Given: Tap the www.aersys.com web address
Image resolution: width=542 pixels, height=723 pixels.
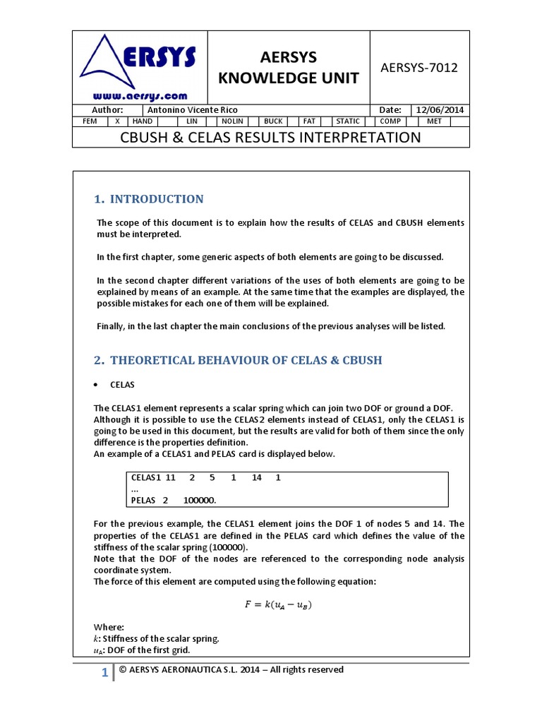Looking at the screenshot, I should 140,96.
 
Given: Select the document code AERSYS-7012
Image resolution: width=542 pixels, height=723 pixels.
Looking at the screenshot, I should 419,68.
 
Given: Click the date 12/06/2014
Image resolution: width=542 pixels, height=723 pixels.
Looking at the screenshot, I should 440,110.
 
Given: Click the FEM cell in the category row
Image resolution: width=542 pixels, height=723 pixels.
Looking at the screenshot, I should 90,121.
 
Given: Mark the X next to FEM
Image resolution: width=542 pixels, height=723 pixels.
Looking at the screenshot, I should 117,121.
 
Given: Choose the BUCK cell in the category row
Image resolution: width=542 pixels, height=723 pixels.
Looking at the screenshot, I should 272,121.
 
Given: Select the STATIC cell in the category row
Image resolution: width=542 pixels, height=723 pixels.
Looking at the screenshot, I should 347,121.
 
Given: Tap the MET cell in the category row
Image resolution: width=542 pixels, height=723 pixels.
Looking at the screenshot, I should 434,121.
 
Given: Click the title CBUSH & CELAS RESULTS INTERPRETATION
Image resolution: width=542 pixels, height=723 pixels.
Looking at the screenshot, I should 271,137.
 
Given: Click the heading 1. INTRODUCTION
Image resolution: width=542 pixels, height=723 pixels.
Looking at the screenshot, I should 149,199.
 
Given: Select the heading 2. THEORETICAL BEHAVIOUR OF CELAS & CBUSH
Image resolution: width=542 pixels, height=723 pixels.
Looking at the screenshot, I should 238,360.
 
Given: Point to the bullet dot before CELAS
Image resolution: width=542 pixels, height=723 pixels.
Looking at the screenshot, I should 96,386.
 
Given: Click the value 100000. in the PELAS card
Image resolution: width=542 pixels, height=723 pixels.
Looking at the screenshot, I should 200,500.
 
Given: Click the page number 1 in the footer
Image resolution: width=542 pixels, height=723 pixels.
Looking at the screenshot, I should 104,673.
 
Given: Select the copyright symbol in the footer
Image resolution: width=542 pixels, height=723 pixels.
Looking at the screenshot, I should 122,669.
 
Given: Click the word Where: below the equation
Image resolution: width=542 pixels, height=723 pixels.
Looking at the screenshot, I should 109,627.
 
